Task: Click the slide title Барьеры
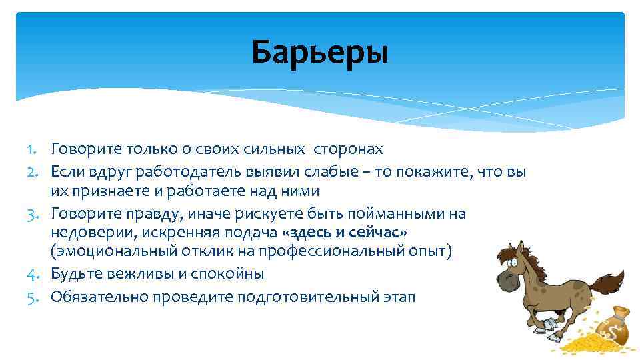319,52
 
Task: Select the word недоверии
91,233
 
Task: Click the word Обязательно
99,297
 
